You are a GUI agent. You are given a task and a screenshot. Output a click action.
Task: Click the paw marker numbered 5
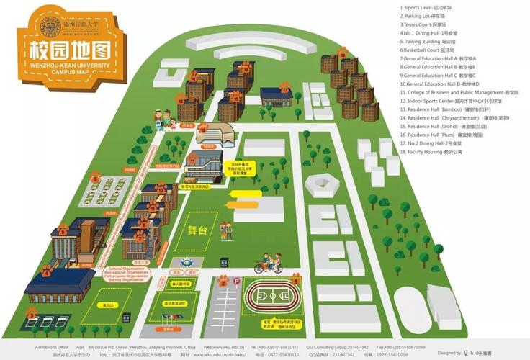pyautogui.click(x=63, y=232)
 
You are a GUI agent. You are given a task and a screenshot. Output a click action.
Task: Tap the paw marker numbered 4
pyautogui.click(x=47, y=271)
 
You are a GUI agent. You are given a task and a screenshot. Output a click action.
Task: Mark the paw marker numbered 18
pyautogui.click(x=342, y=52)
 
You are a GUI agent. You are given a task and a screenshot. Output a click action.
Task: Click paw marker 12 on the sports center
pyautogui.click(x=204, y=128)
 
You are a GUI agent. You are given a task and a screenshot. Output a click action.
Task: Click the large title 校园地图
pyautogui.click(x=71, y=50)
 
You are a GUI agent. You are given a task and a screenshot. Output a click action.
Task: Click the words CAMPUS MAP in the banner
pyautogui.click(x=71, y=73)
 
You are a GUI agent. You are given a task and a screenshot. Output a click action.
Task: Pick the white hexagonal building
pyautogui.click(x=321, y=184)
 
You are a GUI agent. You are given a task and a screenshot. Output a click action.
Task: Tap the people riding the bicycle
pyautogui.click(x=267, y=261)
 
